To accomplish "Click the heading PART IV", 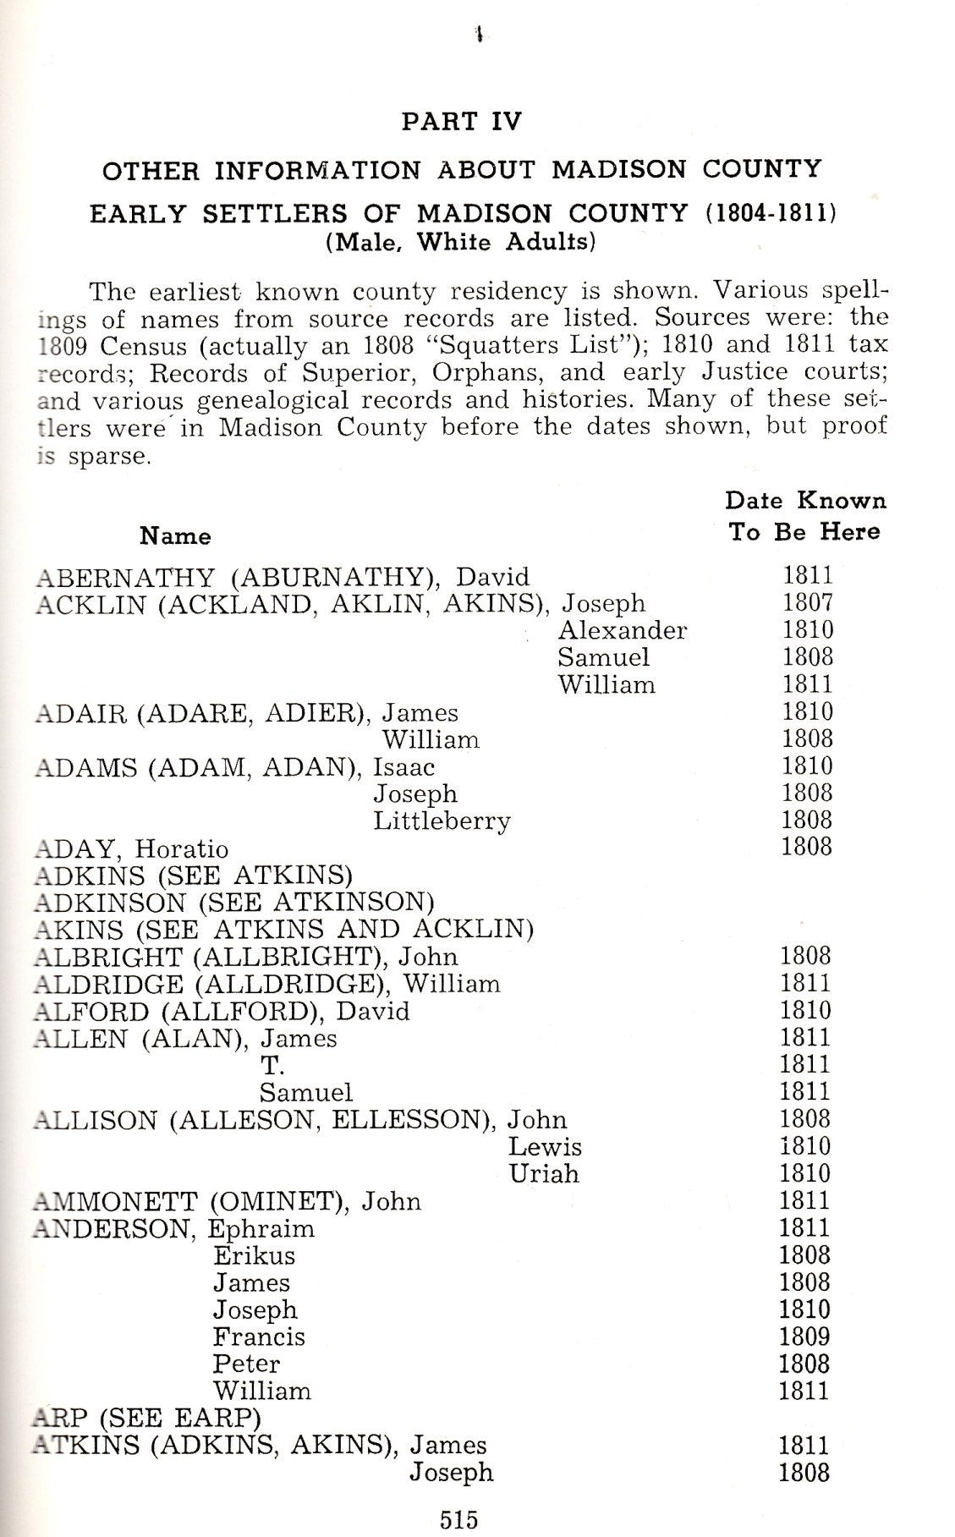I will click(462, 121).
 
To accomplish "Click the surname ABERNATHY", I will click(126, 578).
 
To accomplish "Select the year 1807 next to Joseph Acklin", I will click(808, 603).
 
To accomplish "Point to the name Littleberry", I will click(442, 821).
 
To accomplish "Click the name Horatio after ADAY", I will click(183, 848).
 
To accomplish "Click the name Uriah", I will click(544, 1174).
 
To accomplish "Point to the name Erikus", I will click(254, 1256).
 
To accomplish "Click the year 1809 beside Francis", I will click(804, 1337).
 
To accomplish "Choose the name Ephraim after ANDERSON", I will click(261, 1229).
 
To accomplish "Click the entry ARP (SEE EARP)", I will click(146, 1419).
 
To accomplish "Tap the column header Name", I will click(175, 536).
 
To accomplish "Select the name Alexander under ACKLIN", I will click(623, 630).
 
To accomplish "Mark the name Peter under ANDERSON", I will click(246, 1364).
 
